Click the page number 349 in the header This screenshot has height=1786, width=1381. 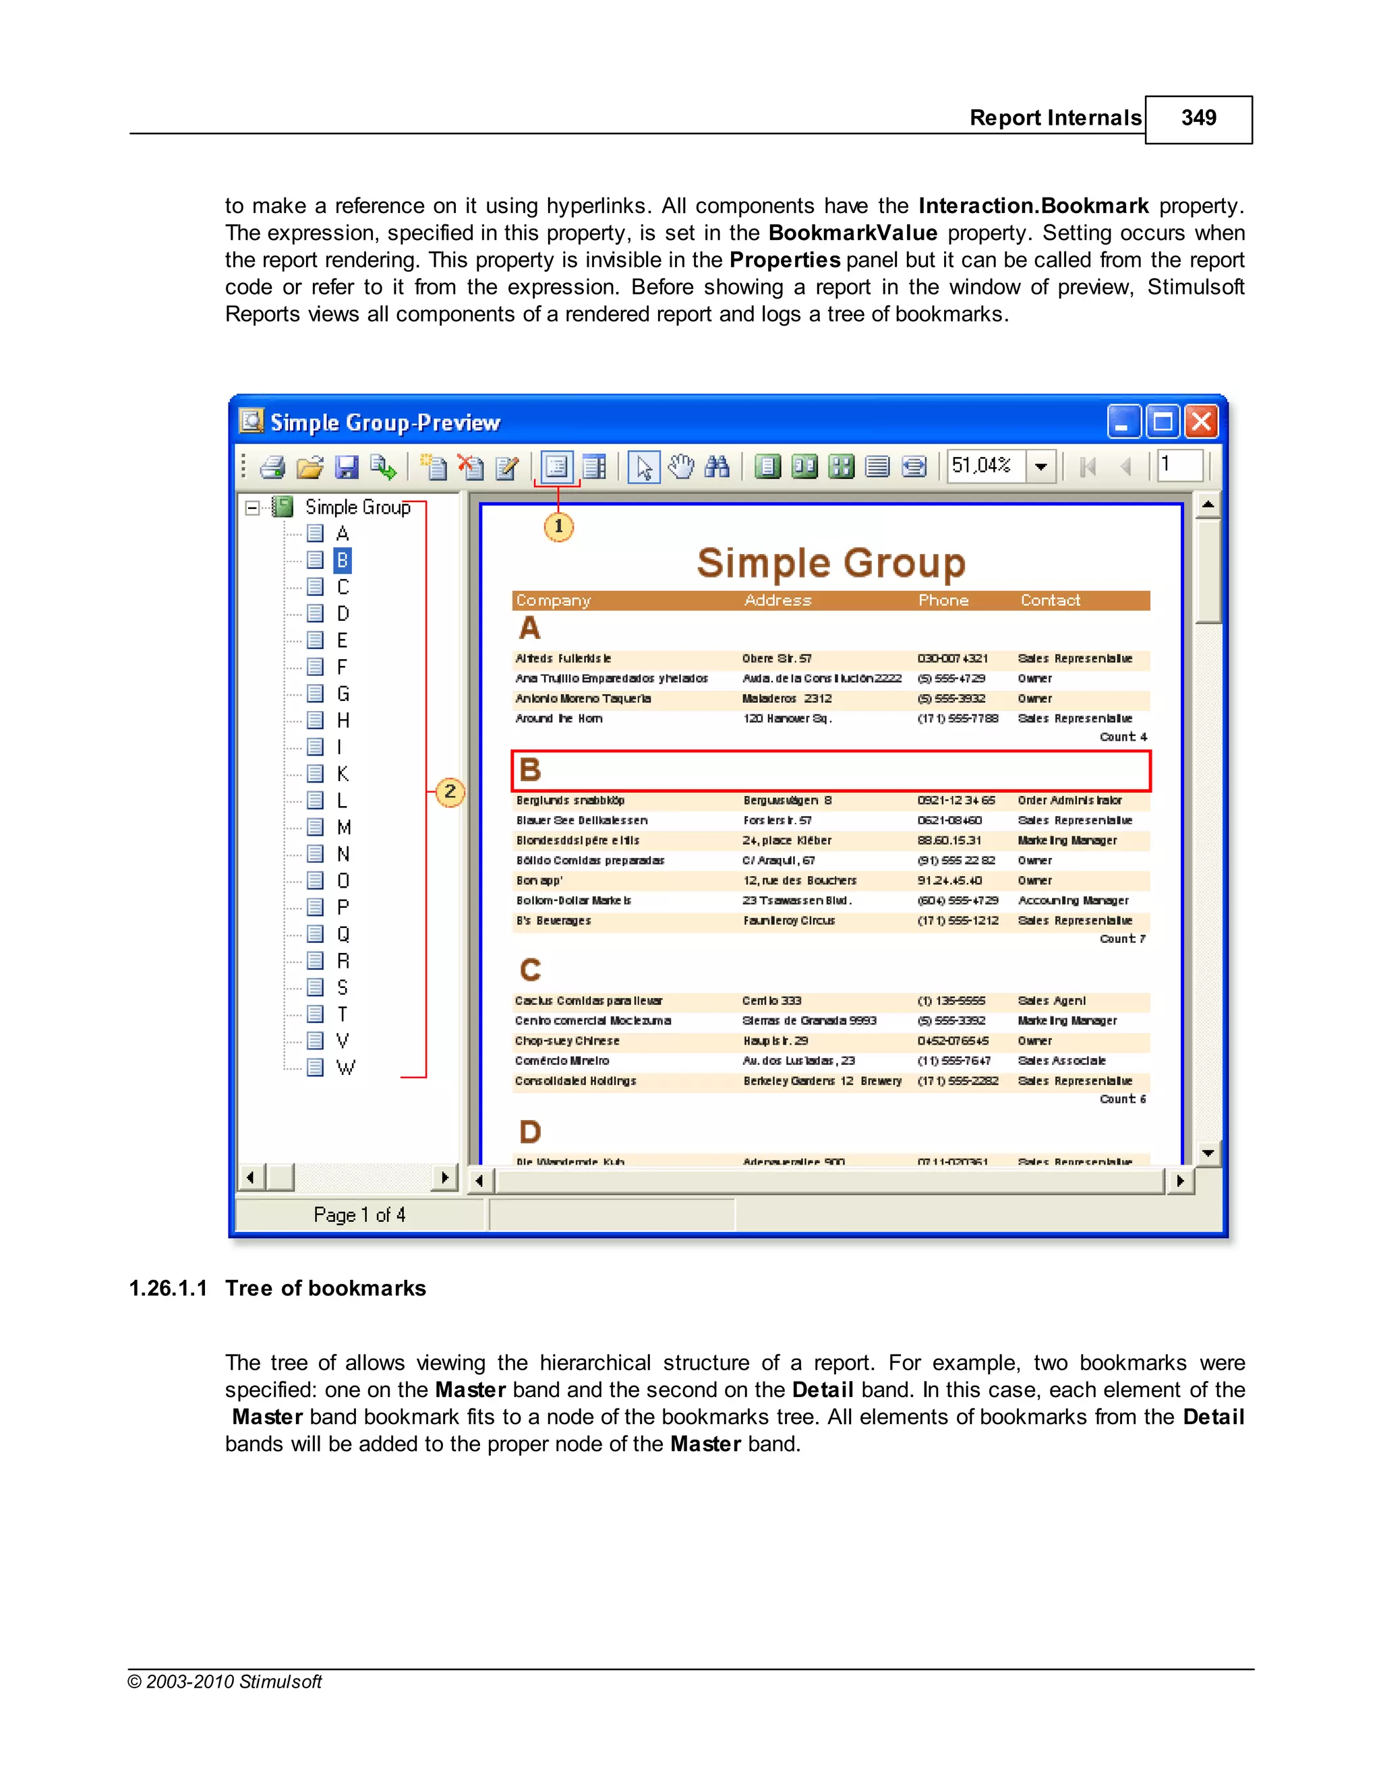pos(1198,119)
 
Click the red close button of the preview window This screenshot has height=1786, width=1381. pos(1201,422)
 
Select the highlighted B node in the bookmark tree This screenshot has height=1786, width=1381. pos(342,560)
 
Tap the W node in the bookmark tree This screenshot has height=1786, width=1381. pos(345,1067)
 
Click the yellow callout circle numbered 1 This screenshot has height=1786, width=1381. pos(559,526)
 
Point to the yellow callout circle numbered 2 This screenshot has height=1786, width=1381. pos(450,792)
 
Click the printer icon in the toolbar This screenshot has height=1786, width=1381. pos(272,467)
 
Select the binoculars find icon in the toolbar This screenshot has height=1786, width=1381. pos(717,467)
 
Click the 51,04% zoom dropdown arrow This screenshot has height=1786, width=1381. pos(1040,467)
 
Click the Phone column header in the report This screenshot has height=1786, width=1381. pos(943,601)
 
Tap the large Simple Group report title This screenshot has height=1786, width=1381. pos(830,563)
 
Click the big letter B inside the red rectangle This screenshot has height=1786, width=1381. pos(530,770)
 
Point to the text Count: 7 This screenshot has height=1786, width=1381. pos(1123,939)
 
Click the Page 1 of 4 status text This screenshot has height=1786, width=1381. pos(359,1214)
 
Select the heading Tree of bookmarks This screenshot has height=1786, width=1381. pos(325,1288)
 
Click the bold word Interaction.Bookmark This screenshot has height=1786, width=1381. pos(1032,206)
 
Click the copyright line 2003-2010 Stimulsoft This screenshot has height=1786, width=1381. pos(225,1682)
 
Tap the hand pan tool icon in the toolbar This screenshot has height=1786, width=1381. pos(680,467)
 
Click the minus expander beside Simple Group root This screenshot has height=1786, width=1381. pos(253,508)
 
